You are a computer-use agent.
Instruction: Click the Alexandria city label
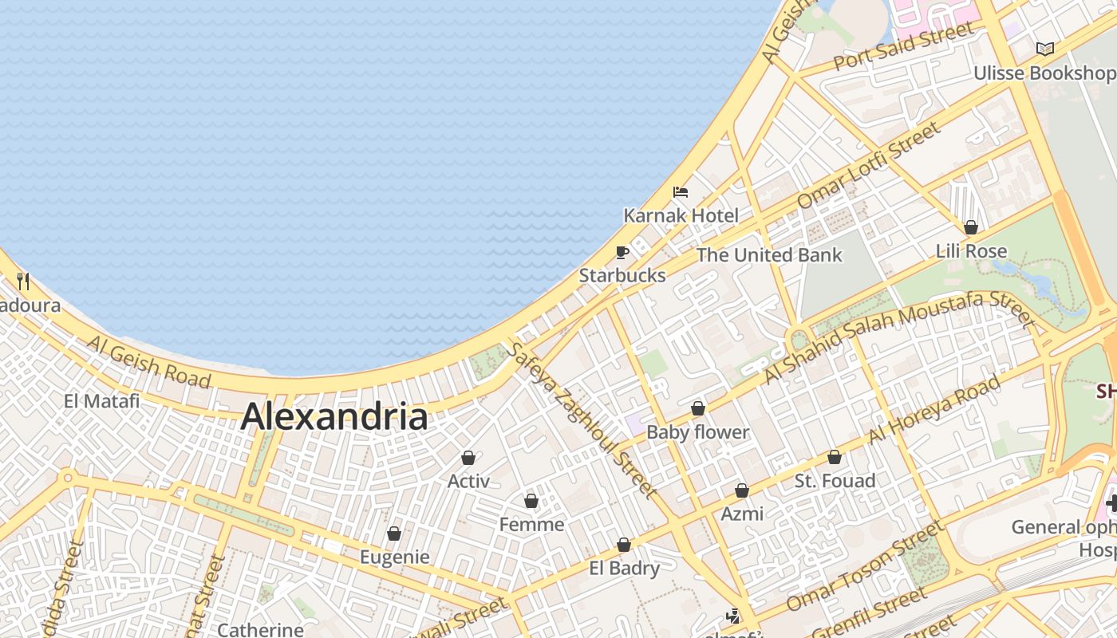pos(334,416)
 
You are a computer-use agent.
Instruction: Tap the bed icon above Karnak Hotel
pos(681,192)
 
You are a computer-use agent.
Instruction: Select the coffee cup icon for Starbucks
pos(622,253)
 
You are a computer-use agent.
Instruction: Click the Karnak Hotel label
pos(681,215)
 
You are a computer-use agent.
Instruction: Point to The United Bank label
pos(769,255)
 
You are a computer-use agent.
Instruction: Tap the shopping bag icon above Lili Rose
pos(971,228)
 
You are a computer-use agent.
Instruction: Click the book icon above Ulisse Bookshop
pos(1044,49)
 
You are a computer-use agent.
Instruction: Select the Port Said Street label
pos(904,46)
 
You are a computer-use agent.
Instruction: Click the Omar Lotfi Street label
pos(869,165)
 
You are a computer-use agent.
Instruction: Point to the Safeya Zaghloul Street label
pos(583,419)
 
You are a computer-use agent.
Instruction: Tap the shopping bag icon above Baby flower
pos(698,409)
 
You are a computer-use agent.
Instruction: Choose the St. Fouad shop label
pos(835,481)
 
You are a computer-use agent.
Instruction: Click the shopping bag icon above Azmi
pos(742,490)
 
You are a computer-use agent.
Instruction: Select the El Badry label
pos(624,569)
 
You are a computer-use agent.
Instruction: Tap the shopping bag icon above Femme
pos(531,502)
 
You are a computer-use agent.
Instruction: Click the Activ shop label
pos(468,481)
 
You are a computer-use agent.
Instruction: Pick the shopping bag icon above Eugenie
pos(394,534)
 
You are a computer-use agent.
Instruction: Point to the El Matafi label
pos(101,400)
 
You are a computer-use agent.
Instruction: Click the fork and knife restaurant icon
pos(23,281)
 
